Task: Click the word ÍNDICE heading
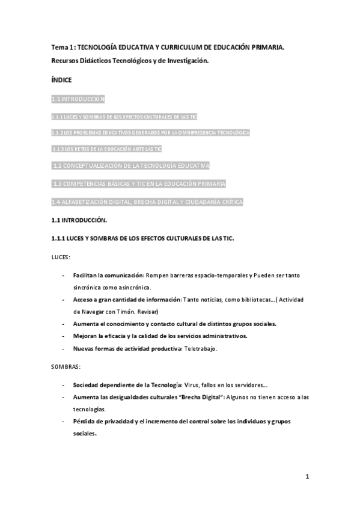[61, 79]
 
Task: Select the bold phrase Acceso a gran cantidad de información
[127, 300]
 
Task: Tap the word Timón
[123, 312]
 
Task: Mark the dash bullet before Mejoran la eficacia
[64, 336]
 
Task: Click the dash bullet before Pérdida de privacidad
[64, 422]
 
